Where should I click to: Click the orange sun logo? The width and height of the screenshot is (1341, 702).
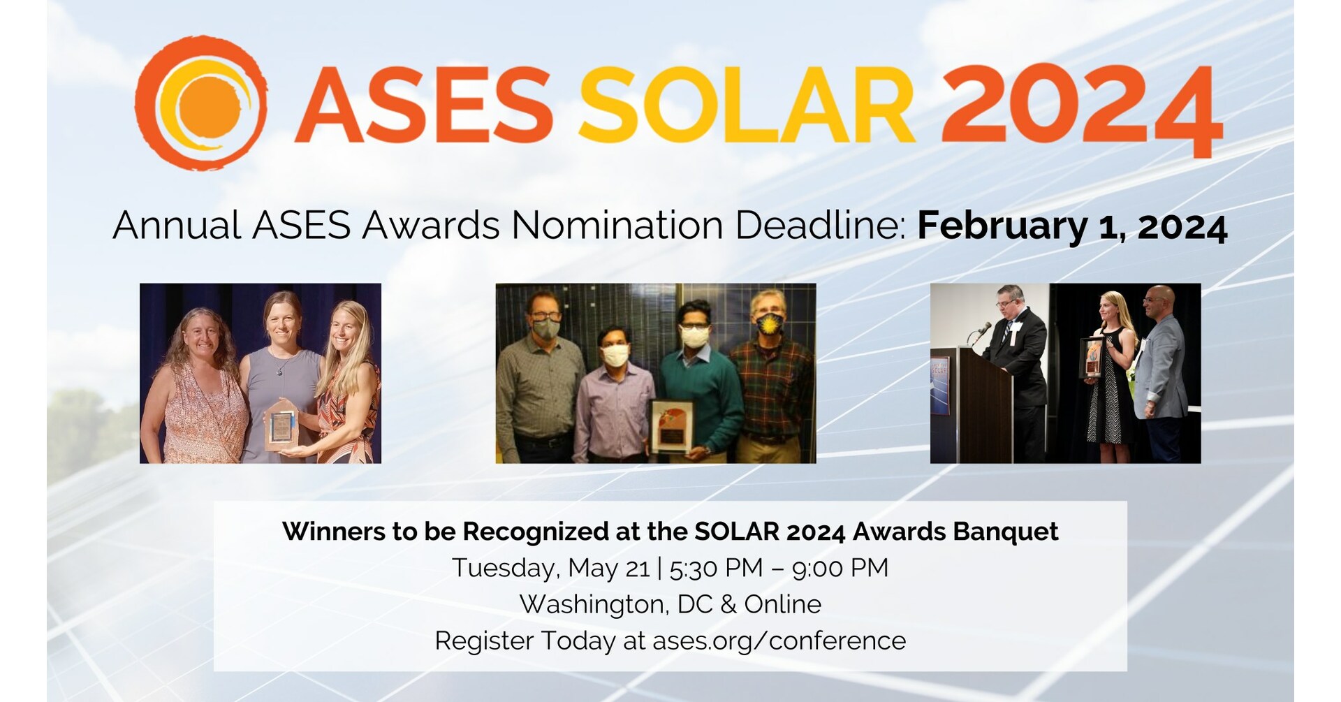[200, 103]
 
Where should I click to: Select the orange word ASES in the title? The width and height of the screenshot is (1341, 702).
[424, 105]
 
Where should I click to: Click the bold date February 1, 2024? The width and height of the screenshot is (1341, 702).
[1071, 226]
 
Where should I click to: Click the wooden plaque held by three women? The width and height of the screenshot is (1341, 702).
[281, 427]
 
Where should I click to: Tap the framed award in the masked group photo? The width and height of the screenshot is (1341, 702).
[672, 425]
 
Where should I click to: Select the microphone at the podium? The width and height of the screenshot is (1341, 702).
[983, 328]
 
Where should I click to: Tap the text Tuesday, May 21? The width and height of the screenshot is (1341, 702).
[551, 568]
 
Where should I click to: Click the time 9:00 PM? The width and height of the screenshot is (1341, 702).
[840, 568]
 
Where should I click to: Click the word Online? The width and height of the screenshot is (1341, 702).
[782, 604]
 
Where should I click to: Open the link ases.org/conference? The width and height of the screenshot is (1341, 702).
[779, 641]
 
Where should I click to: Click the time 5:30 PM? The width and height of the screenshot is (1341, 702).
[716, 568]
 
